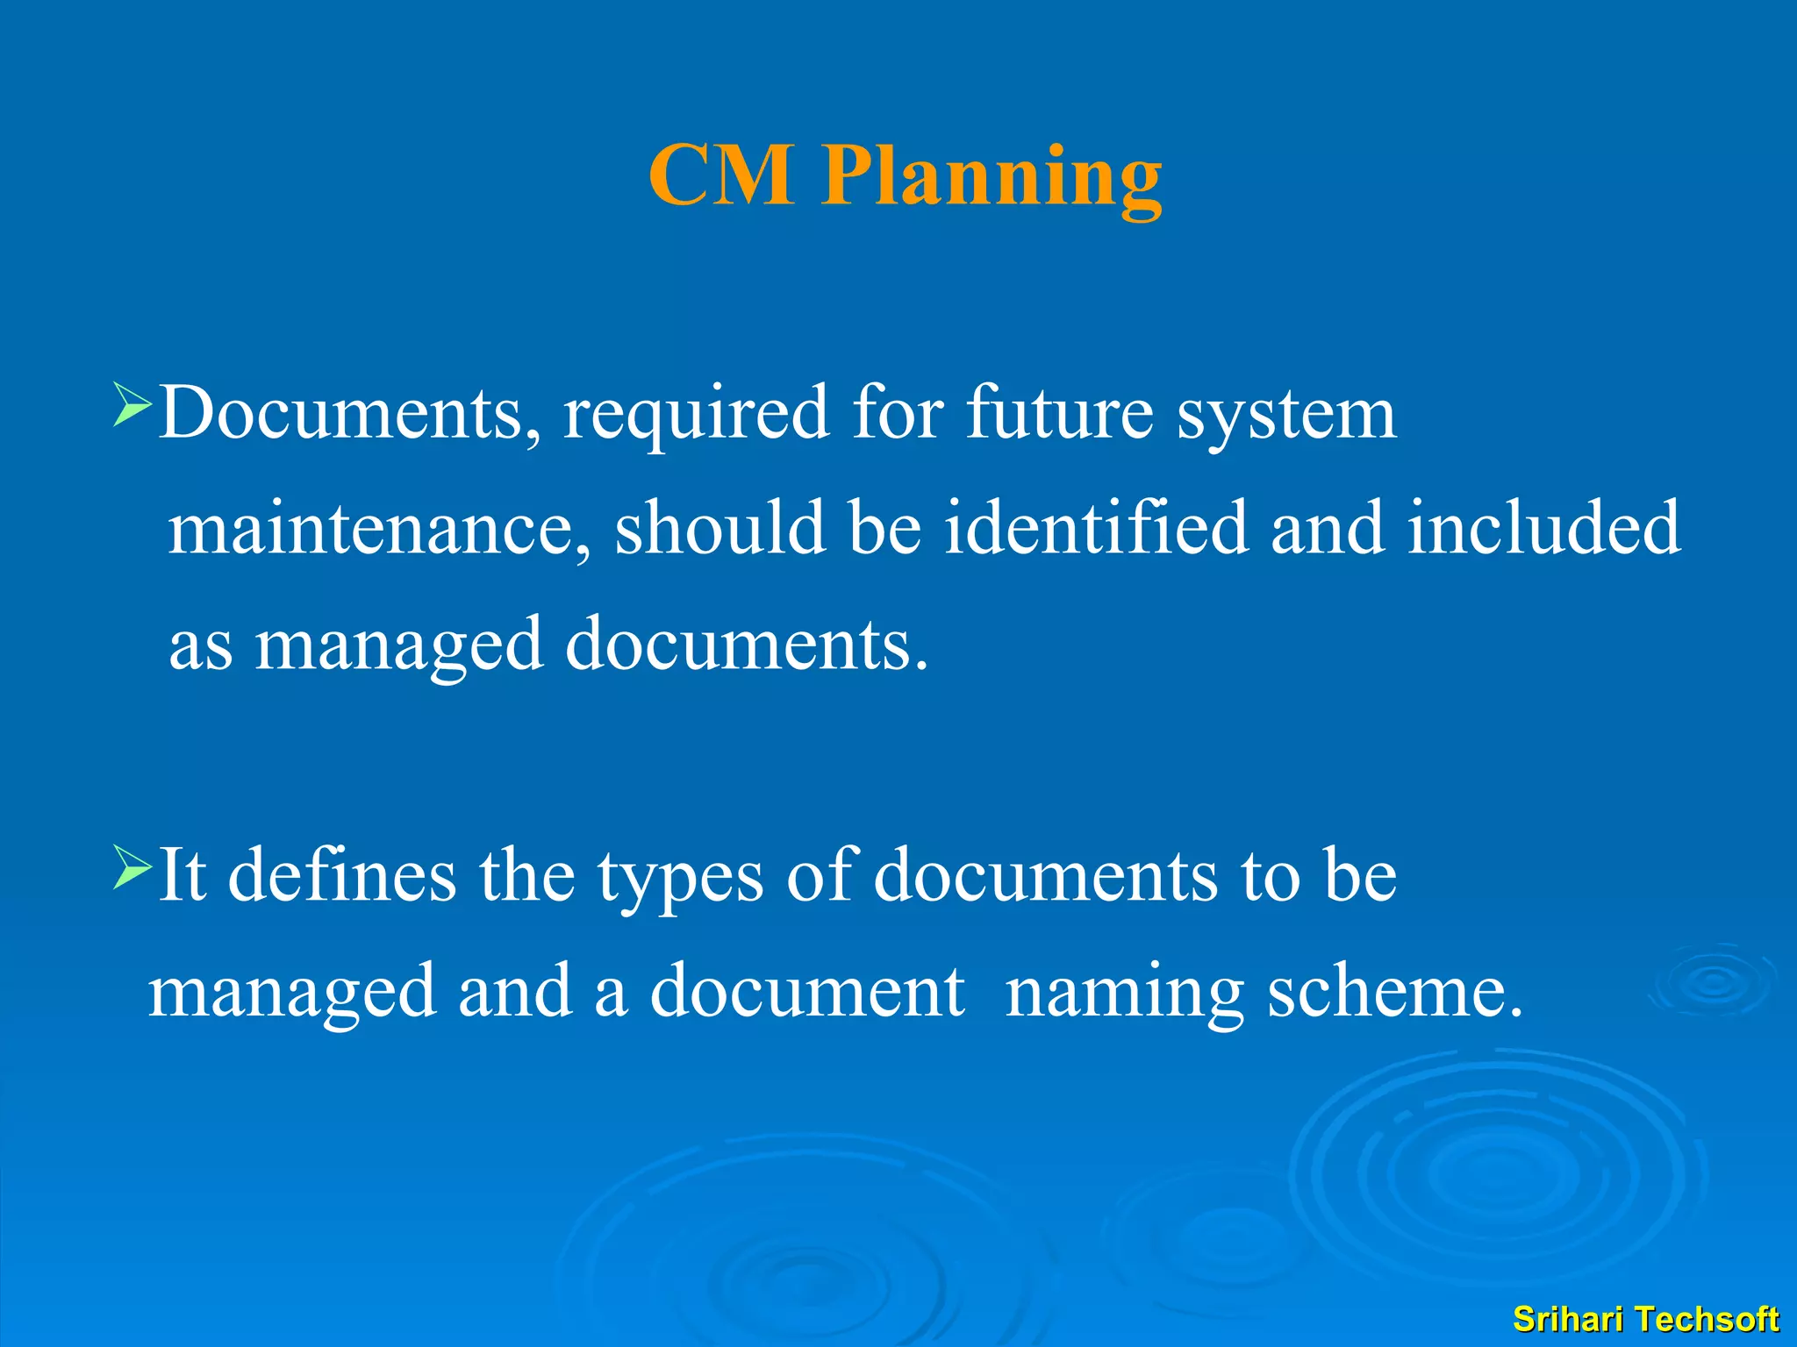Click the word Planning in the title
(x=992, y=177)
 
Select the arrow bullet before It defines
(x=132, y=867)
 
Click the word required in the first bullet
(x=696, y=414)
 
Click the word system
(x=1285, y=416)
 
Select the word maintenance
(x=378, y=529)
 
